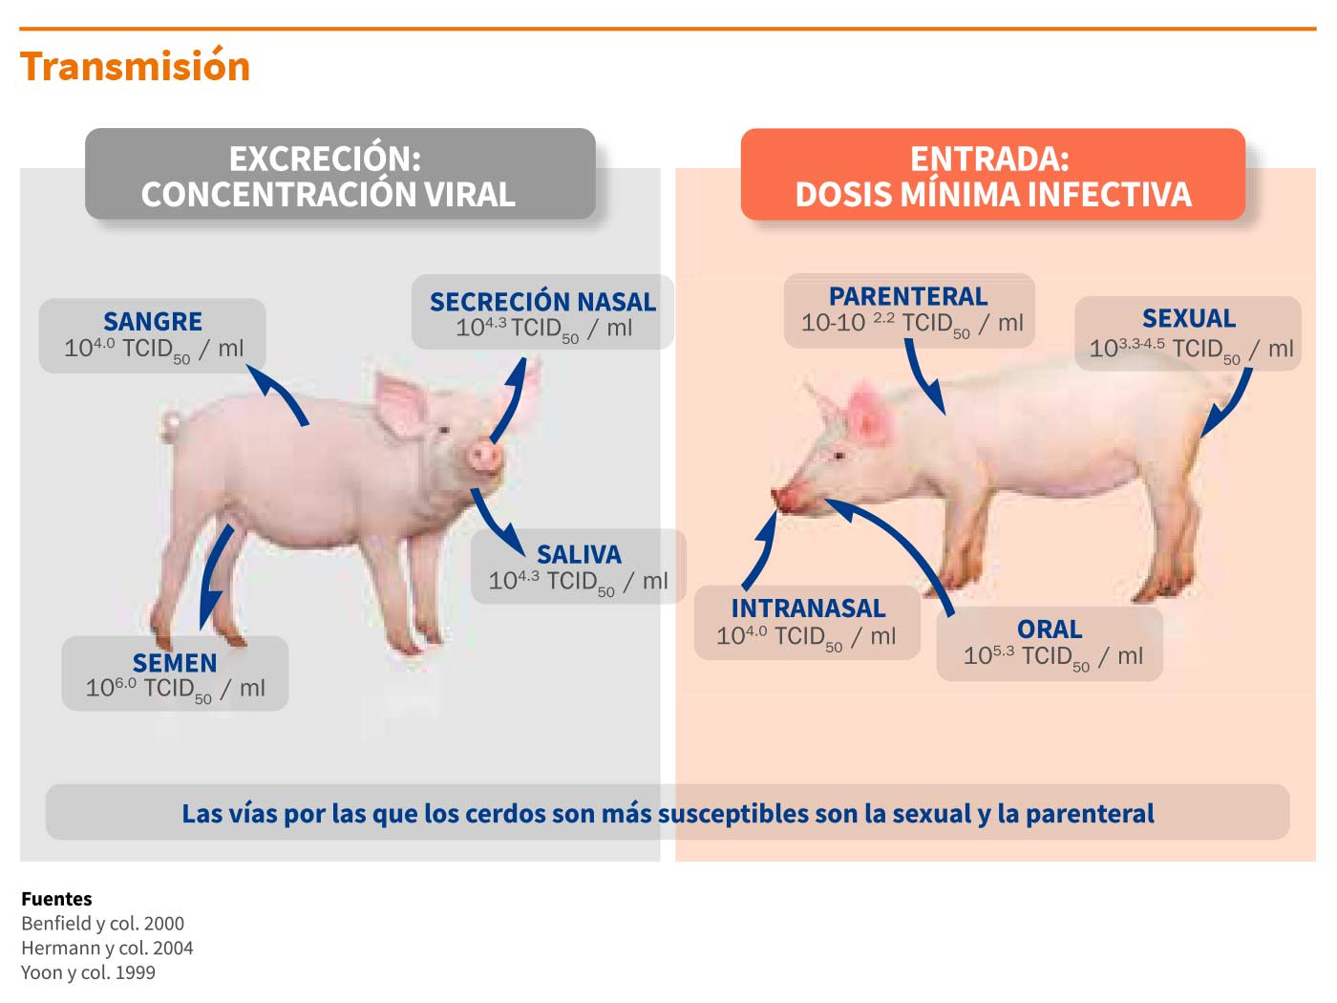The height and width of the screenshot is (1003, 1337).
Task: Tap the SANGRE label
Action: point(152,322)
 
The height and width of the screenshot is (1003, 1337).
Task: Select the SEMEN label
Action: point(175,663)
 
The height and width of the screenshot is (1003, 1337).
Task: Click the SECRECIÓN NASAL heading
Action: point(542,301)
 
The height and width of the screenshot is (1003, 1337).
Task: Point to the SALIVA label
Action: point(579,555)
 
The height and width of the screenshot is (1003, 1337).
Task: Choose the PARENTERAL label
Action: point(908,296)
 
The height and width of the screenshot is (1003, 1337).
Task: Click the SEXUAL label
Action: point(1188,318)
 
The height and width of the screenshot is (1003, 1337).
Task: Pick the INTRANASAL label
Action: point(808,608)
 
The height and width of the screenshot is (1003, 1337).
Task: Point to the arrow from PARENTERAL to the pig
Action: point(920,377)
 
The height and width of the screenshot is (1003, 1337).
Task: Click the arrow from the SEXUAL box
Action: point(1230,405)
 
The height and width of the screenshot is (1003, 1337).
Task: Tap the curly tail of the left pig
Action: point(170,426)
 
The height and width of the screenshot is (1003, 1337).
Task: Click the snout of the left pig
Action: point(484,456)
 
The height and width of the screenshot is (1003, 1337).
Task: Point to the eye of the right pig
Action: point(838,456)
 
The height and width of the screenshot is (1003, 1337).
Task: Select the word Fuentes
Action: point(56,899)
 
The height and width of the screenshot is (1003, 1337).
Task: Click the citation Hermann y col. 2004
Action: point(107,948)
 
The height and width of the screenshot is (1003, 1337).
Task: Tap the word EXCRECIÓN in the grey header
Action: point(325,159)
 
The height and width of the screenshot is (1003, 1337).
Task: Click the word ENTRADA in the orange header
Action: point(989,159)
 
